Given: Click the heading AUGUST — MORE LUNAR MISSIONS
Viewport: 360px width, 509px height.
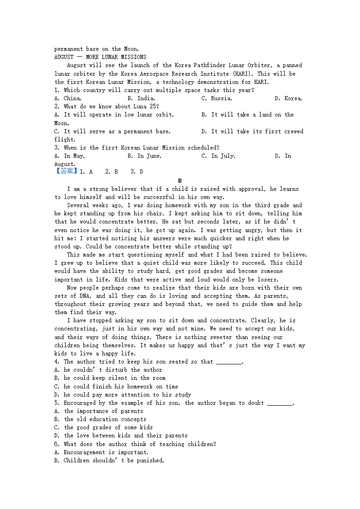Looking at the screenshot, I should tap(100, 57).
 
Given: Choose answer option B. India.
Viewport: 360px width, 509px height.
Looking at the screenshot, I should tap(141, 98).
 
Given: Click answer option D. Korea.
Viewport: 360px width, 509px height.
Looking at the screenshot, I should tap(289, 98).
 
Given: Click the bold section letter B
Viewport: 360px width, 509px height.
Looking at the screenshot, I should tap(180, 180).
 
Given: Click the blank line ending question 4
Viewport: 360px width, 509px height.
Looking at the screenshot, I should tap(229, 362).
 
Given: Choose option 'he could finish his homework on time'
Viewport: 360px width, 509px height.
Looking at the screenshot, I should tap(116, 387).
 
